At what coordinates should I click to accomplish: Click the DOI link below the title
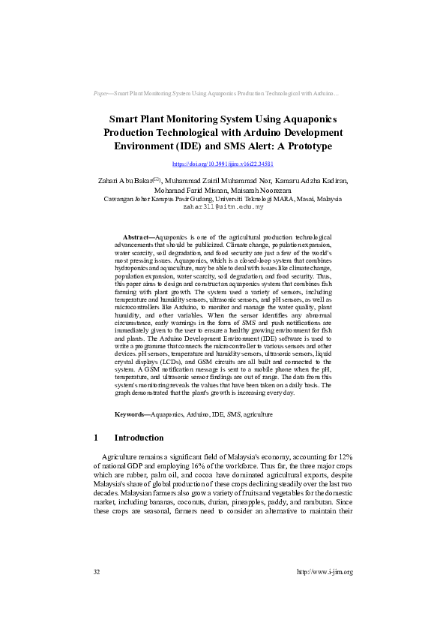coord(223,164)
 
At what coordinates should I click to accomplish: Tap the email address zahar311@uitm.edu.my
coord(223,206)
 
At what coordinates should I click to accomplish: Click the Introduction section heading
coord(139,438)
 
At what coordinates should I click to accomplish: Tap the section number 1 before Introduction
coord(96,438)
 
